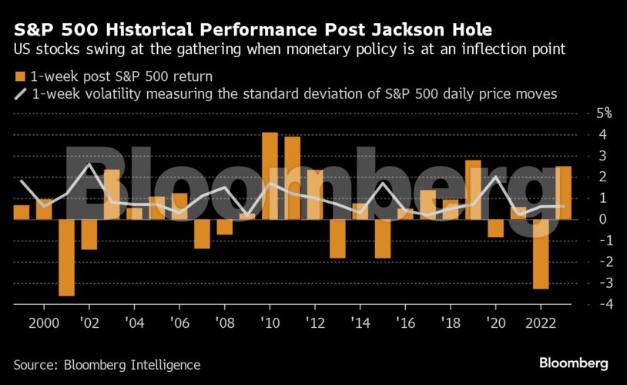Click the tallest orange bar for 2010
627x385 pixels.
pyautogui.click(x=270, y=176)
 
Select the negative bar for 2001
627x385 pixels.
pyautogui.click(x=67, y=257)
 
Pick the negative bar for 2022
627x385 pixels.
pyautogui.click(x=541, y=254)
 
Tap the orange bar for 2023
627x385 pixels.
pyautogui.click(x=563, y=193)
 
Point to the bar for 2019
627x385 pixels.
pyautogui.click(x=473, y=190)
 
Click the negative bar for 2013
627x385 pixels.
pyautogui.click(x=337, y=238)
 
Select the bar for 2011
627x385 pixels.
pyautogui.click(x=293, y=178)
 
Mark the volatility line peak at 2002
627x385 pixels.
pyautogui.click(x=90, y=164)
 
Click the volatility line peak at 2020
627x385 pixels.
pyautogui.click(x=496, y=177)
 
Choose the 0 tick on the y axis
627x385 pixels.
pyautogui.click(x=603, y=219)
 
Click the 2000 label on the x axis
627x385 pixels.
pyautogui.click(x=45, y=322)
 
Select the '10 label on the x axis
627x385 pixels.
pyautogui.click(x=270, y=322)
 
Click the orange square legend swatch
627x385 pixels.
pyautogui.click(x=19, y=76)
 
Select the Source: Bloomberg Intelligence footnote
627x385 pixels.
pyautogui.click(x=106, y=365)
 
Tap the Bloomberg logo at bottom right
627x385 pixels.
pyautogui.click(x=573, y=363)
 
